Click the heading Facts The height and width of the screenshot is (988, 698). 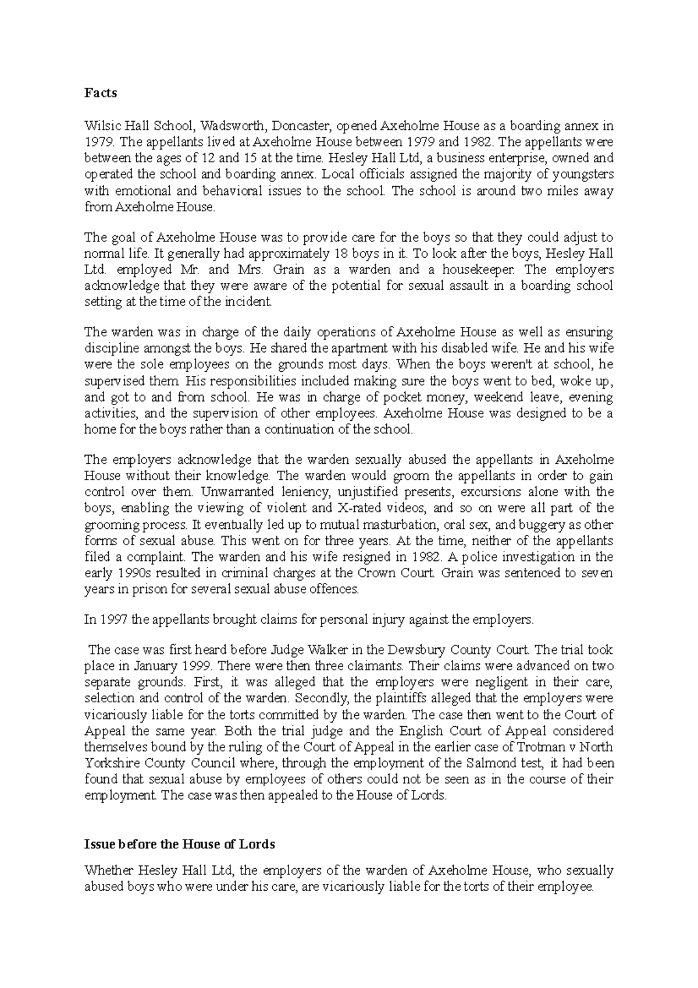[101, 93]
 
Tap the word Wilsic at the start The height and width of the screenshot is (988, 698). [101, 126]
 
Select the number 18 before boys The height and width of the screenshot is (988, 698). [343, 254]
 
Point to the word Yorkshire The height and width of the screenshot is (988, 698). [108, 763]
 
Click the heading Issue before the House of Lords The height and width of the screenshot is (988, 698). [179, 844]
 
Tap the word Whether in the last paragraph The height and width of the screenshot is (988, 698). [109, 871]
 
